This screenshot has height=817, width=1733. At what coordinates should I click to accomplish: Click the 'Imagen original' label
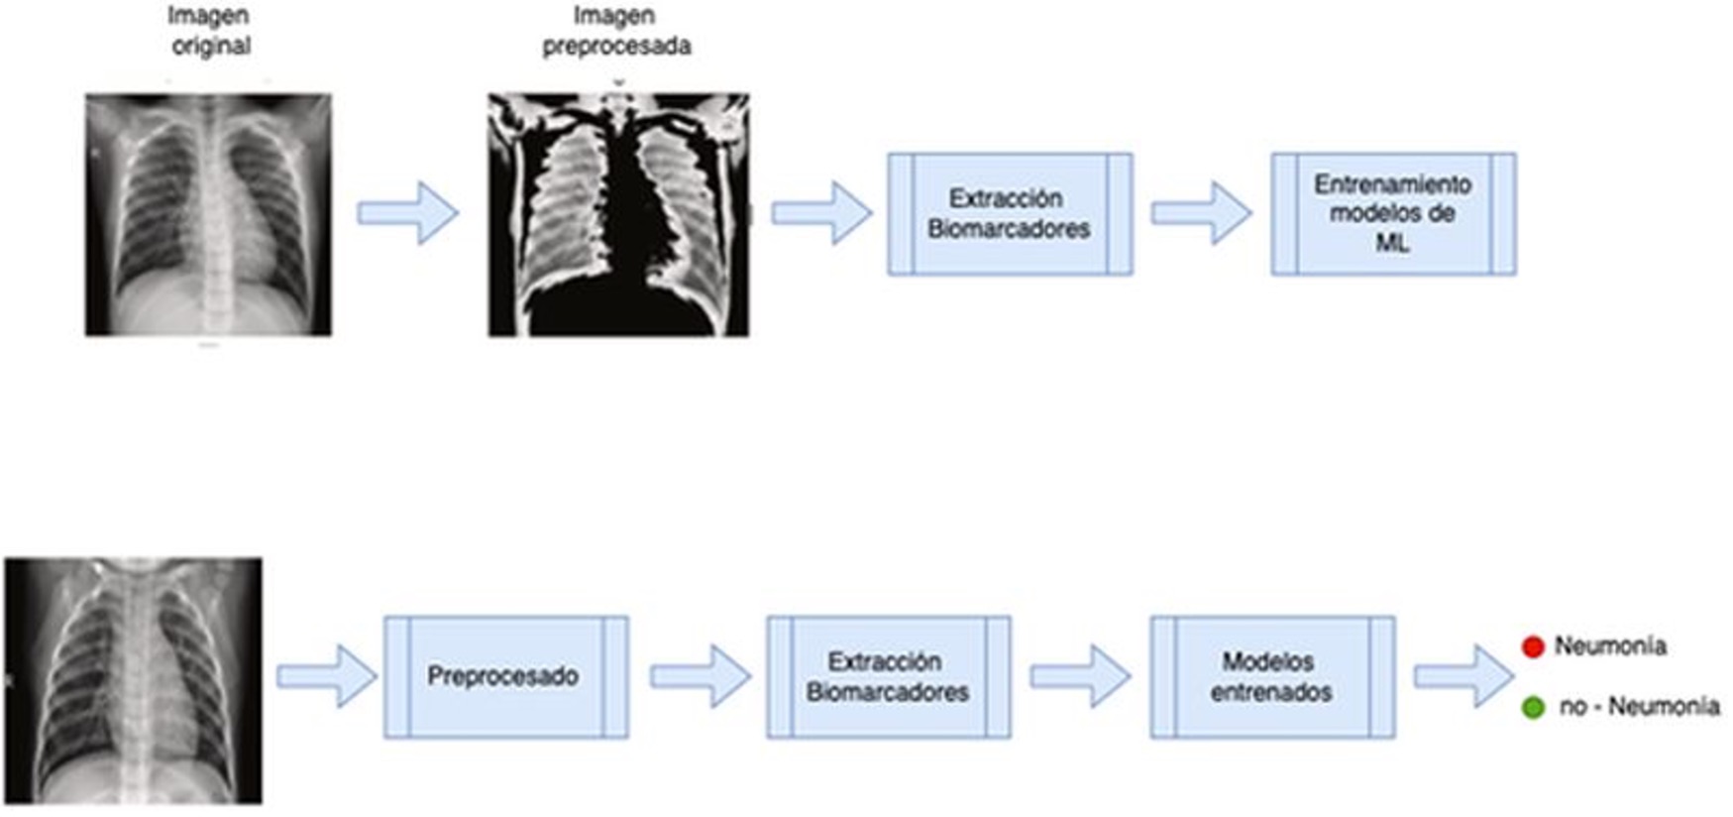click(209, 31)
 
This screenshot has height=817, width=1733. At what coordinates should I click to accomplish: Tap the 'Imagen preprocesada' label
click(615, 31)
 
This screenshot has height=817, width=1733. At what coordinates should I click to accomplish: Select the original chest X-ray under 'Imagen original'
click(208, 214)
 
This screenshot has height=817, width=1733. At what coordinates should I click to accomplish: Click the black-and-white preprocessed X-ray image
click(618, 214)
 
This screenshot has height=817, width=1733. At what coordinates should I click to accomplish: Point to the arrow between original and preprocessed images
click(408, 213)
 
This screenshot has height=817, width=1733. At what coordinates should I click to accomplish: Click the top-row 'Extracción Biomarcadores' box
click(1010, 213)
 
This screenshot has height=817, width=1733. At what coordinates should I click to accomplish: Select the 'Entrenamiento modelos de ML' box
click(1393, 213)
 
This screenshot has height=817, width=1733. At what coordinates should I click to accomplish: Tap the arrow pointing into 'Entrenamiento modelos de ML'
click(1201, 213)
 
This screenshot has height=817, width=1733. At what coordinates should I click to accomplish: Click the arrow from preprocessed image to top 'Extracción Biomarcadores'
click(821, 213)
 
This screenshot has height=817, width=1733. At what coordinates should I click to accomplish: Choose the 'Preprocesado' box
click(505, 677)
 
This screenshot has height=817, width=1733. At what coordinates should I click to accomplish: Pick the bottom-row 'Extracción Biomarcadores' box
click(888, 677)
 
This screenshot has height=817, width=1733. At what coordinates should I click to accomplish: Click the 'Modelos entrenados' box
click(1272, 677)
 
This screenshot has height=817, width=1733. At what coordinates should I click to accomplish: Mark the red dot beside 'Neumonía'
click(1533, 647)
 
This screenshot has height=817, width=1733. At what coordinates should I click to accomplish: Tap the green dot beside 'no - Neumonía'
click(1533, 708)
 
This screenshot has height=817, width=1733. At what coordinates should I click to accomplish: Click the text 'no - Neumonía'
click(1639, 707)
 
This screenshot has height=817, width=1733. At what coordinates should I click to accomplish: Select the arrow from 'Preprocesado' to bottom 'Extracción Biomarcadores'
click(700, 677)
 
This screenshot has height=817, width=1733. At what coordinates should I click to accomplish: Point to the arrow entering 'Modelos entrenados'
click(1080, 677)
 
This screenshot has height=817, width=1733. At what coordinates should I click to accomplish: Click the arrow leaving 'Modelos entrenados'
click(1463, 677)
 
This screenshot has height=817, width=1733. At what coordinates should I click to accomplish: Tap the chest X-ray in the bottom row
click(134, 680)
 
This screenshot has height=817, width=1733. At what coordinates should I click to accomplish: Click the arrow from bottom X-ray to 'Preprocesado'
click(326, 677)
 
